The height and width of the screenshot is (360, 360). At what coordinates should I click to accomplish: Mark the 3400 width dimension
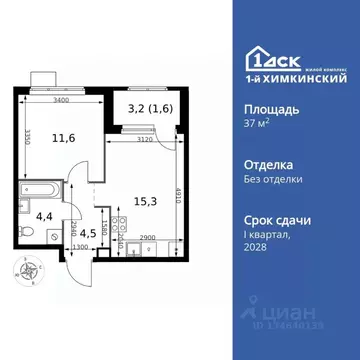click(61, 100)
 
